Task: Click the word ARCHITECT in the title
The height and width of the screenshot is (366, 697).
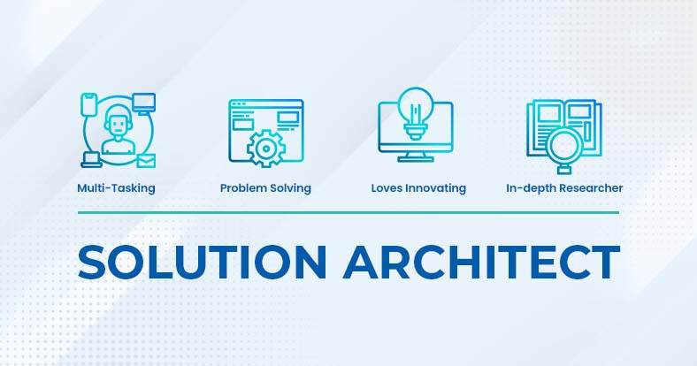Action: click(481, 262)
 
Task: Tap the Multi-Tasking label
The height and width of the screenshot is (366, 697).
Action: click(116, 188)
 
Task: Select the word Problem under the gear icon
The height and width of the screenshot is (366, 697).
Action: click(242, 188)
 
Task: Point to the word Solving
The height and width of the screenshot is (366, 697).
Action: click(289, 188)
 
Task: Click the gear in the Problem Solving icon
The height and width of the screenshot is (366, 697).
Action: click(265, 149)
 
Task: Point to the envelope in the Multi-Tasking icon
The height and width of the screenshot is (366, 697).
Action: click(146, 160)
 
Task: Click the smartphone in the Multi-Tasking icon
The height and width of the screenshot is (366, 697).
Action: click(89, 105)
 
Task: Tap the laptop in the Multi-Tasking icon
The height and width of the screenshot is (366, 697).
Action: click(92, 160)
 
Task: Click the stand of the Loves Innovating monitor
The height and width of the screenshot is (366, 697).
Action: click(415, 156)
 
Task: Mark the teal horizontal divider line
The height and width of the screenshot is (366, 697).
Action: click(348, 212)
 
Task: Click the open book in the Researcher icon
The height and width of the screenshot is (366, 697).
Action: click(563, 128)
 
